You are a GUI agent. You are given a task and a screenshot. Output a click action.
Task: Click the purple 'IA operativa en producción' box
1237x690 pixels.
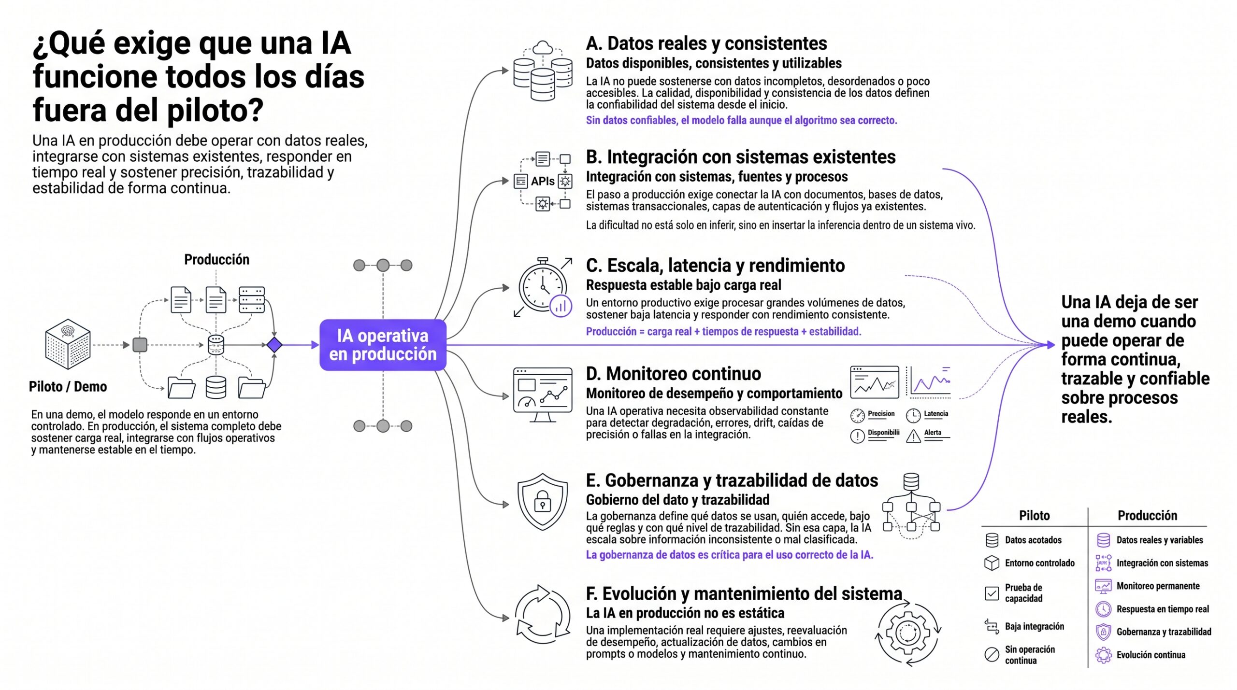[382, 345]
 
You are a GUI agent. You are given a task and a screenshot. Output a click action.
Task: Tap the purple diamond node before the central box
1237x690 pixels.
[274, 345]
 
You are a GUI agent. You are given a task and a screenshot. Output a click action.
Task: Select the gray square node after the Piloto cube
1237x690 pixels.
[140, 345]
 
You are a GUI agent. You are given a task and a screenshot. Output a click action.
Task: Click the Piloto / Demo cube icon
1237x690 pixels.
[68, 344]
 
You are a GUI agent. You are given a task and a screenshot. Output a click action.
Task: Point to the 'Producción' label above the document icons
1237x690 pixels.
[216, 259]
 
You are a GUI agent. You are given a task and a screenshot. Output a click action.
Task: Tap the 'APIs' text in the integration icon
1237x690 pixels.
[542, 181]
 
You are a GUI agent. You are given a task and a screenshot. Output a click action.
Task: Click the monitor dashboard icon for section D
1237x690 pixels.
[542, 394]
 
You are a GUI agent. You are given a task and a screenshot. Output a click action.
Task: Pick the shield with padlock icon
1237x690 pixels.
[542, 502]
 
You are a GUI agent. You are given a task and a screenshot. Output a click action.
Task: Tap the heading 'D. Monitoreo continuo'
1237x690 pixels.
[674, 374]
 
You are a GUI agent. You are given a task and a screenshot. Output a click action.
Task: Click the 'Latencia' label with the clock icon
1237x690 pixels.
[935, 414]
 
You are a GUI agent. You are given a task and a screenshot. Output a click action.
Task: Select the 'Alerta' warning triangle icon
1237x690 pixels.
[913, 436]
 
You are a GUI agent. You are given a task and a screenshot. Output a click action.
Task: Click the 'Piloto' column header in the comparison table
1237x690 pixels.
[1034, 515]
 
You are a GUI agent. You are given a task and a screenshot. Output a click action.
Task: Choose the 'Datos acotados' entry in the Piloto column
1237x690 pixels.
[1033, 540]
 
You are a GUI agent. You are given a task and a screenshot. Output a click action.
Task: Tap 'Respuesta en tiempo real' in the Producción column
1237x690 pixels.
[1162, 609]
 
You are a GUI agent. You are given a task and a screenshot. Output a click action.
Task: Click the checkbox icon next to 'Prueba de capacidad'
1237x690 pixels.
[992, 593]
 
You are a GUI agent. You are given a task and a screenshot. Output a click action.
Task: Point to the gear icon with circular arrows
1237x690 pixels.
[907, 633]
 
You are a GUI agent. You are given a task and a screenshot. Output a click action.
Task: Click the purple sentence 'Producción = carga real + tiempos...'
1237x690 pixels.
[723, 331]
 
